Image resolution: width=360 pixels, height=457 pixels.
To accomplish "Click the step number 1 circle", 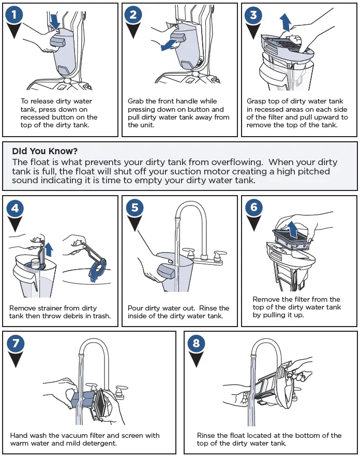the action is coord(14,14).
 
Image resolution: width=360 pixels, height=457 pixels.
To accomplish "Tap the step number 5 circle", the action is coord(134,208).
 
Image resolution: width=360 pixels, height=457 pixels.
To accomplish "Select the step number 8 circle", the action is coord(196,343).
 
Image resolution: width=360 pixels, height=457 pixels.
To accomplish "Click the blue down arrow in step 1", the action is coord(54,21).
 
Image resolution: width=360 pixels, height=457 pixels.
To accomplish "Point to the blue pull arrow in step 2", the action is coord(169,45).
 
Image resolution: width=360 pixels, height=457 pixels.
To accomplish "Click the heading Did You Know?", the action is coord(45,151).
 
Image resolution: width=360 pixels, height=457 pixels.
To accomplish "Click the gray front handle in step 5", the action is coord(166,271).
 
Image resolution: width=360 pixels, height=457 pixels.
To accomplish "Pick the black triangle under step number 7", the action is coord(15,360).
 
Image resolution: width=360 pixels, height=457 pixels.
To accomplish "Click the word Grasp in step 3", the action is coord(256,101).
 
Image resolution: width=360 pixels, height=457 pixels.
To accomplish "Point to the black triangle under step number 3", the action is coord(253,31).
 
